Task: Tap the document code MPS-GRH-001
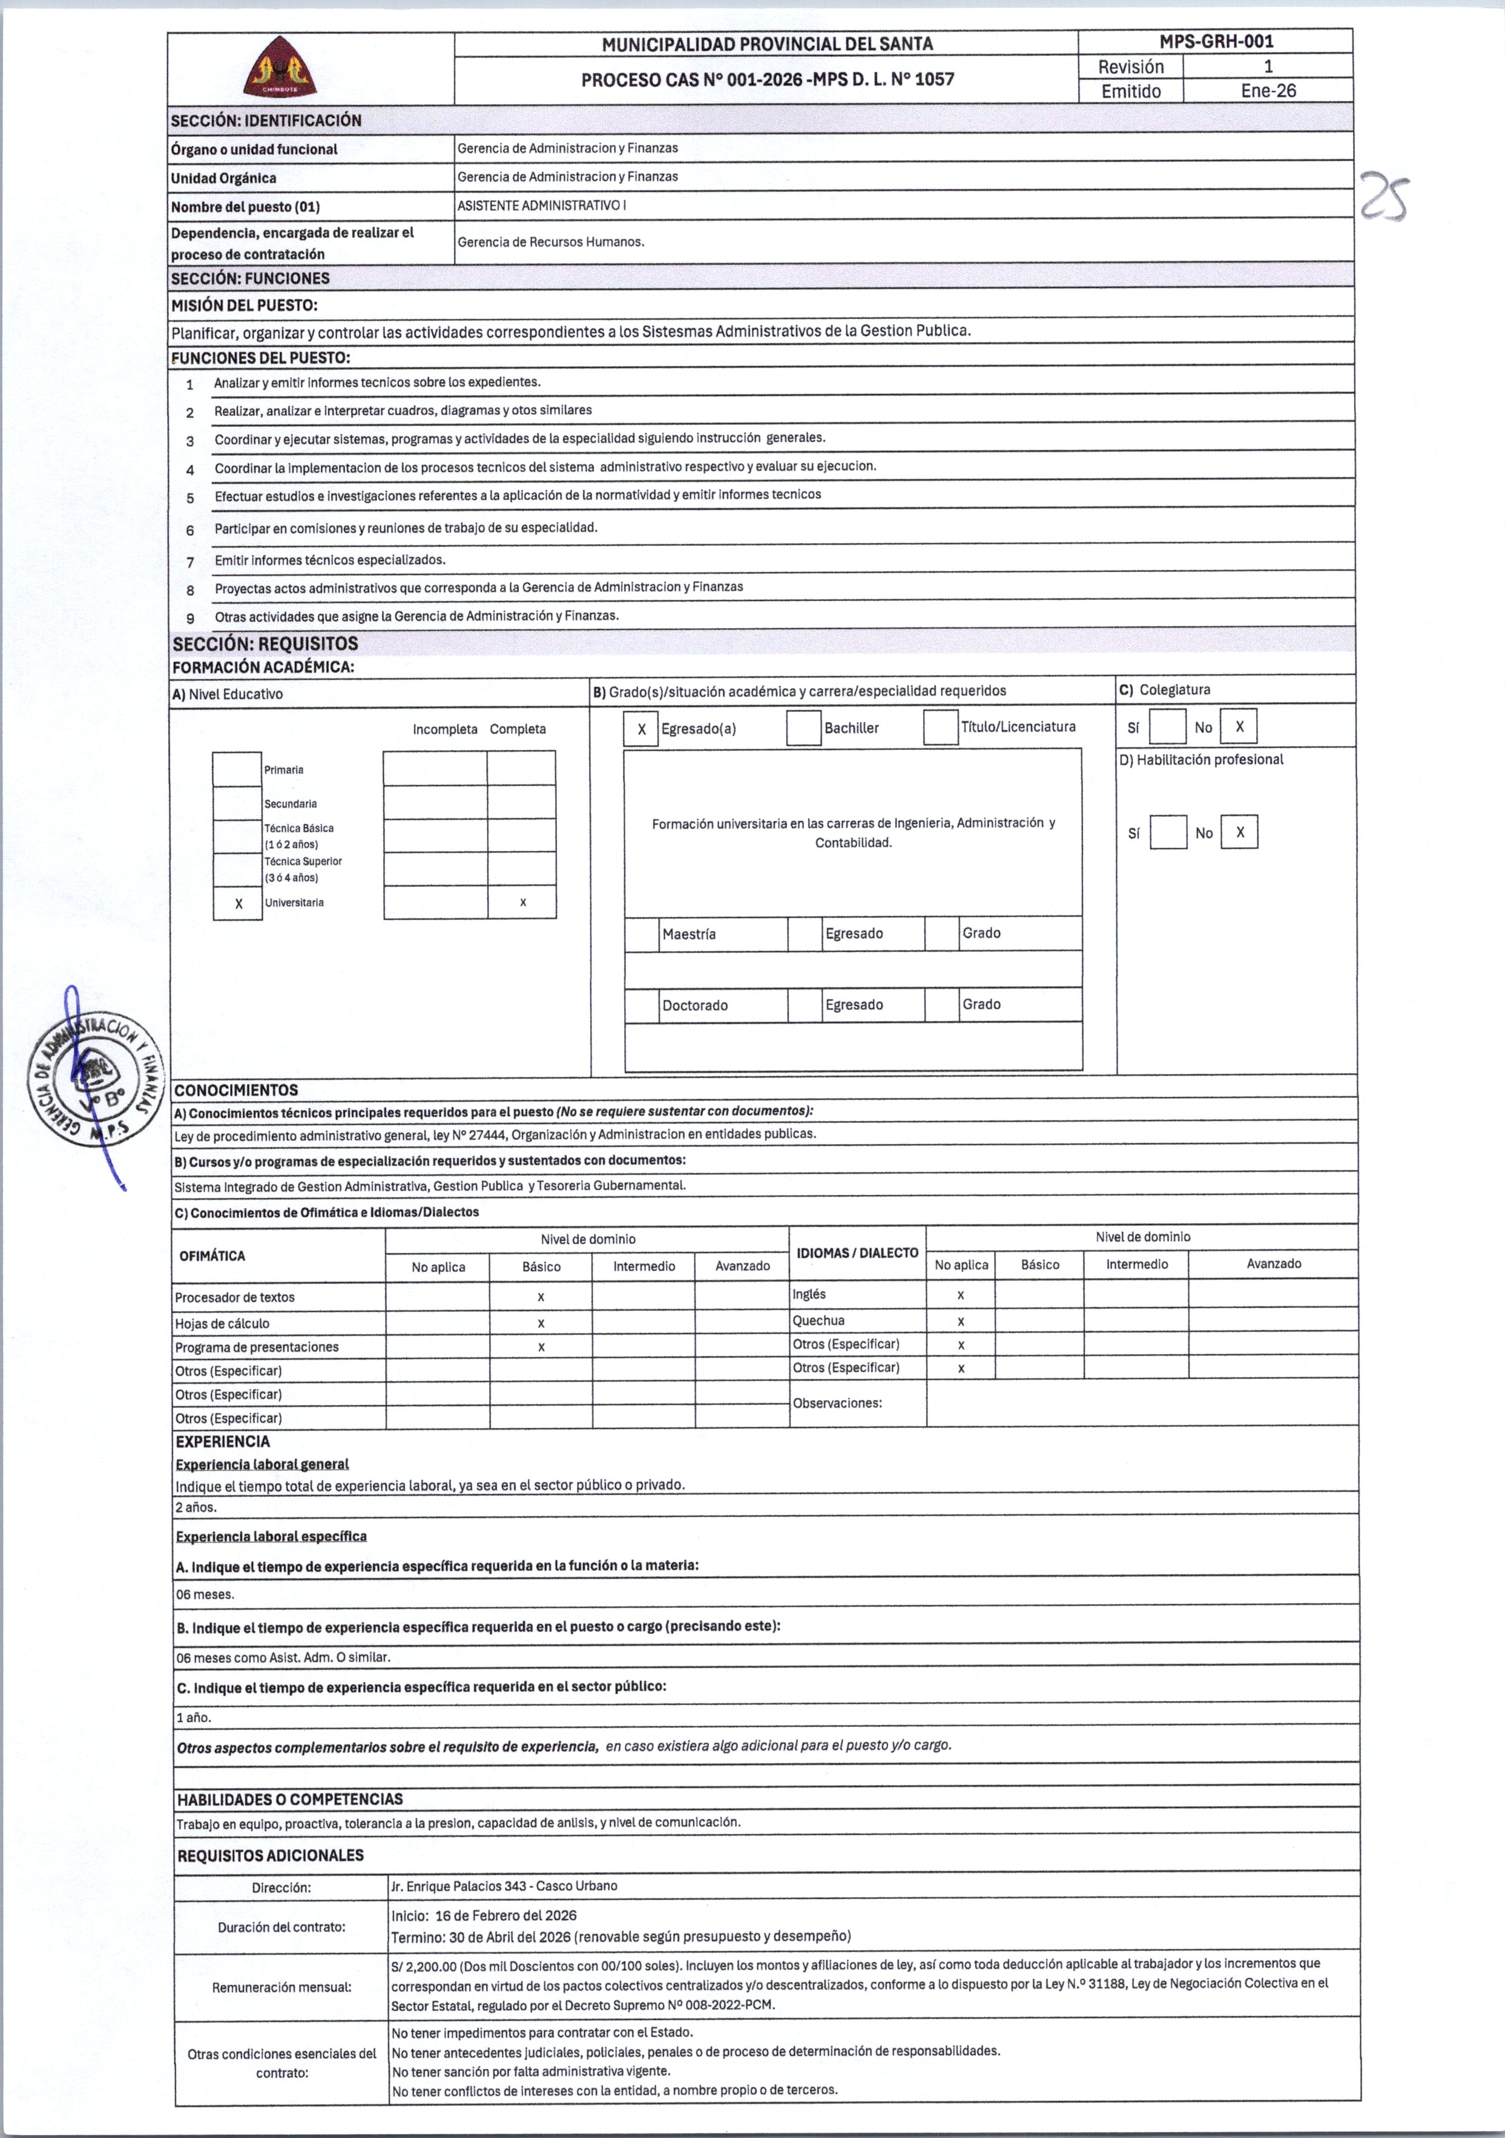pyautogui.click(x=1216, y=42)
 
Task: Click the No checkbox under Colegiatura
pyautogui.click(x=1239, y=727)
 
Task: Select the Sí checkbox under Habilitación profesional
pyautogui.click(x=1168, y=832)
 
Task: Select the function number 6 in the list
pyautogui.click(x=190, y=530)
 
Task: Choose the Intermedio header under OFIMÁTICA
pyautogui.click(x=644, y=1266)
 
